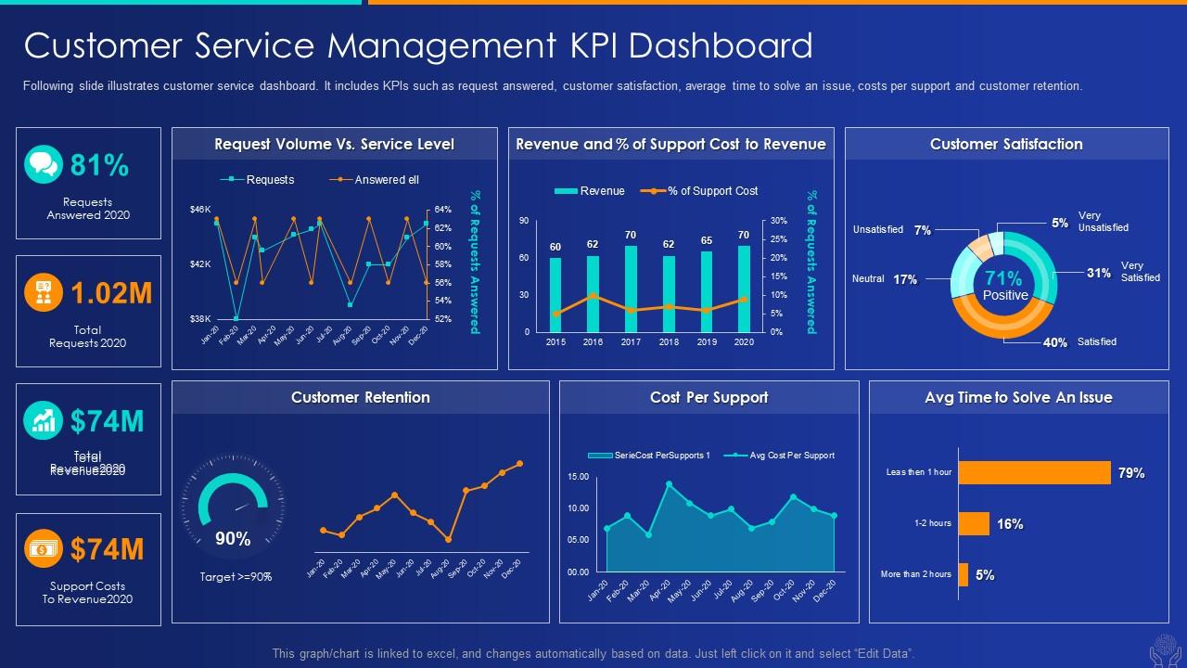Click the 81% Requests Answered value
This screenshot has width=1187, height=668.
(99, 165)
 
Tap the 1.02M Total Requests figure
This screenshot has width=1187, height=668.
(111, 293)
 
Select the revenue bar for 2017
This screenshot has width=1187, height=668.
(631, 289)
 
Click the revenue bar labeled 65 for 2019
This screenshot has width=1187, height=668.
(707, 291)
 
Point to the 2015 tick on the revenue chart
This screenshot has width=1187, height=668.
(555, 342)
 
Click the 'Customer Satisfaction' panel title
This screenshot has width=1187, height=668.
(1006, 144)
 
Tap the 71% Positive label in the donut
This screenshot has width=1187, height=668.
(1004, 285)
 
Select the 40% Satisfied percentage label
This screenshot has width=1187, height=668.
(1055, 342)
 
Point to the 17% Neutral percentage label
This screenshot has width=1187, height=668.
(905, 279)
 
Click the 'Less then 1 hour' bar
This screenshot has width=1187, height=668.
(1034, 473)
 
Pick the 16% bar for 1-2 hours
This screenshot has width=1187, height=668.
(974, 524)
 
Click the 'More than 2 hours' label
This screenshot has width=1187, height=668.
(915, 574)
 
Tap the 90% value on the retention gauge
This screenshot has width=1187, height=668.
(233, 538)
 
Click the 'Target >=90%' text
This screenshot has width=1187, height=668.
(236, 577)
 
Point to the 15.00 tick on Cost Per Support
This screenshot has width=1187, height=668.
(578, 477)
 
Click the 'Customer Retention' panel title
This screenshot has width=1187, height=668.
(360, 397)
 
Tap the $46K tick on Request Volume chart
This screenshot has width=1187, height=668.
(200, 210)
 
